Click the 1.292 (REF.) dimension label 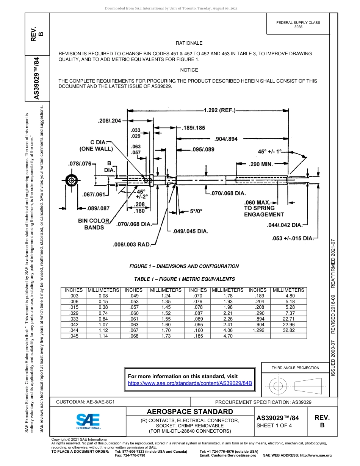(x=219, y=111)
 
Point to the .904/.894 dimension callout (x=226, y=139)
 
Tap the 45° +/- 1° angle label (x=270, y=151)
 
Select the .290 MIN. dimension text (x=261, y=164)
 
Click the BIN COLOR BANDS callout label (x=94, y=224)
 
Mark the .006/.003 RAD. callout (x=131, y=245)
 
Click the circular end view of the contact (x=71, y=181)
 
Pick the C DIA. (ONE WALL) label (x=96, y=145)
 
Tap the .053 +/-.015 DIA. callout (x=293, y=238)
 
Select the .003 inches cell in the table (x=74, y=295)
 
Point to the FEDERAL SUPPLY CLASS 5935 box (x=298, y=25)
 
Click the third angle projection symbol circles (x=278, y=386)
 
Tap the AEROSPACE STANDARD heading (x=190, y=412)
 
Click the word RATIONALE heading (x=189, y=43)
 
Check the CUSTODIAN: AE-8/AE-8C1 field (x=85, y=402)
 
